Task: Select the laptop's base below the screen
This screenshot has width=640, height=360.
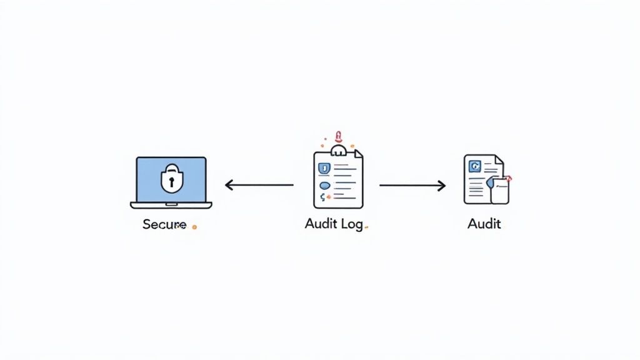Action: [x=171, y=204]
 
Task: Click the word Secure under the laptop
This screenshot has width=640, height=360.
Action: [x=164, y=224]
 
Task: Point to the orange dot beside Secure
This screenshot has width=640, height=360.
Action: [x=194, y=227]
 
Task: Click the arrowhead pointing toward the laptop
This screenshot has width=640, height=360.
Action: [x=229, y=185]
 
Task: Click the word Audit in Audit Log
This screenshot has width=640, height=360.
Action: [x=321, y=224]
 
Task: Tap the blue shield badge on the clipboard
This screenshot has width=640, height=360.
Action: [x=324, y=167]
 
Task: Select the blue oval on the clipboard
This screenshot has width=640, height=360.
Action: [x=324, y=186]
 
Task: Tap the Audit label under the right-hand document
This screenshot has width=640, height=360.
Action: [x=484, y=224]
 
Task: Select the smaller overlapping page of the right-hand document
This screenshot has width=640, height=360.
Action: [x=499, y=191]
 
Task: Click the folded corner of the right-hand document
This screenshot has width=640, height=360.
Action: [x=498, y=160]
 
